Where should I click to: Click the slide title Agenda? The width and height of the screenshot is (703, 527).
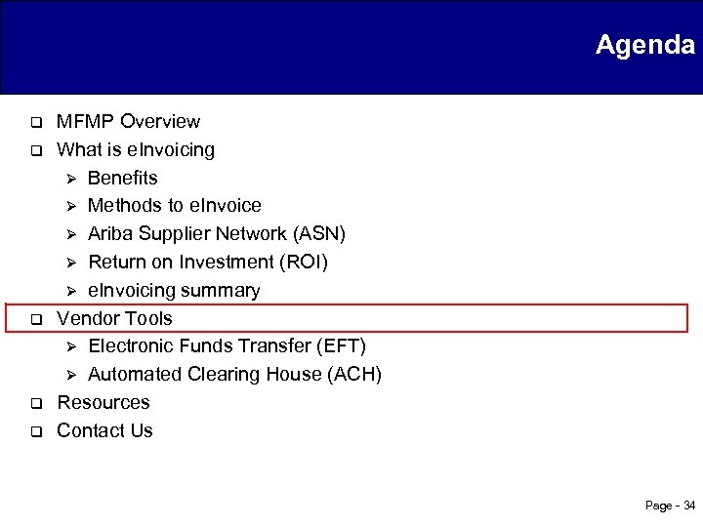click(644, 45)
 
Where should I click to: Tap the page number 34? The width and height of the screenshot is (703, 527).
click(689, 506)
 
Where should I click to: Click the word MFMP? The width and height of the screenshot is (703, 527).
click(83, 122)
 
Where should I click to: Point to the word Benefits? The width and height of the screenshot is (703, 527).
click(122, 178)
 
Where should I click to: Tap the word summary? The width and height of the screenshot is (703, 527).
click(227, 291)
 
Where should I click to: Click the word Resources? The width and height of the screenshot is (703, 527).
click(103, 403)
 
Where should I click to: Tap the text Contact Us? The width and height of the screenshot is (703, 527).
click(105, 431)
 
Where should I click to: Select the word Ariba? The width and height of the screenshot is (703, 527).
click(110, 234)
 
